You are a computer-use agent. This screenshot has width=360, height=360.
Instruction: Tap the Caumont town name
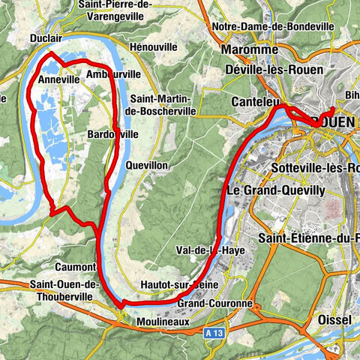(x=75, y=266)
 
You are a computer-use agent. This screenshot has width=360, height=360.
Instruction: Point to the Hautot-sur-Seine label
(x=172, y=285)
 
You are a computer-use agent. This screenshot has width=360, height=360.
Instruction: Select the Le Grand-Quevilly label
(x=274, y=190)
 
